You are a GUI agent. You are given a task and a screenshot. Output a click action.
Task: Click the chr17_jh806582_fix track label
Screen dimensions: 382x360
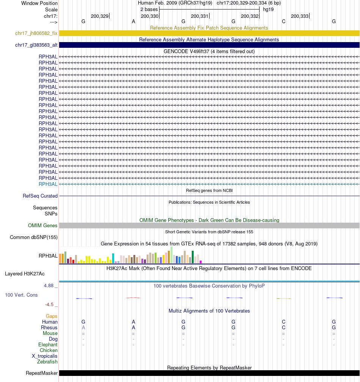pos(36,33)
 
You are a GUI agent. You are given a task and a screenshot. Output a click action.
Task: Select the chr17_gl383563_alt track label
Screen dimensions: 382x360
pos(36,45)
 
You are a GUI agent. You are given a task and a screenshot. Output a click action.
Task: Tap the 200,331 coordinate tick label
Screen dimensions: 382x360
pos(199,16)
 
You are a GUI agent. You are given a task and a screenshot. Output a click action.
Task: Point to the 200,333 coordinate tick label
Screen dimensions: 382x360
pos(299,16)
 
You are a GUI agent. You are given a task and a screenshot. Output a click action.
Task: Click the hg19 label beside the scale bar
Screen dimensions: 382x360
pos(268,9)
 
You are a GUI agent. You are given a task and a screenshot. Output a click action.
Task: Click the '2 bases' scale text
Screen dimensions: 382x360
pos(149,9)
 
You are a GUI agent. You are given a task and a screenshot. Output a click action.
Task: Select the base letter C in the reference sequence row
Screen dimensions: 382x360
pos(283,21)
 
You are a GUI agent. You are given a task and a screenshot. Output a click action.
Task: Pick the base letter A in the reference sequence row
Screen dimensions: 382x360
pos(133,21)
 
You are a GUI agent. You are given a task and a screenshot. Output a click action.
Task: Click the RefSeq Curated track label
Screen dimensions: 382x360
pos(40,196)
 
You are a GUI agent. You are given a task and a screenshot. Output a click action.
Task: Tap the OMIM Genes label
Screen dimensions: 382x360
pos(43,226)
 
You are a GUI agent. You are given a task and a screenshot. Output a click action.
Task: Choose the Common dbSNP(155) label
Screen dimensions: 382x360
pos(34,237)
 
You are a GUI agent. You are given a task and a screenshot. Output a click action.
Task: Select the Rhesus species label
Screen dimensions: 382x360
pos(49,328)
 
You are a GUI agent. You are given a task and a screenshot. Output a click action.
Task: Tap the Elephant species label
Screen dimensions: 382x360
pos(48,345)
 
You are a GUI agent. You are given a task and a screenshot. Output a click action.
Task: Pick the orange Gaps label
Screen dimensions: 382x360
pos(52,316)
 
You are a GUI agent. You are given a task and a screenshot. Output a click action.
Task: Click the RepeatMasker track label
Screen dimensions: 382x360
pos(42,373)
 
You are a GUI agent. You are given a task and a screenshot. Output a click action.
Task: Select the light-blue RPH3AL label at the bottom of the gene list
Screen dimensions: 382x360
pos(48,184)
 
